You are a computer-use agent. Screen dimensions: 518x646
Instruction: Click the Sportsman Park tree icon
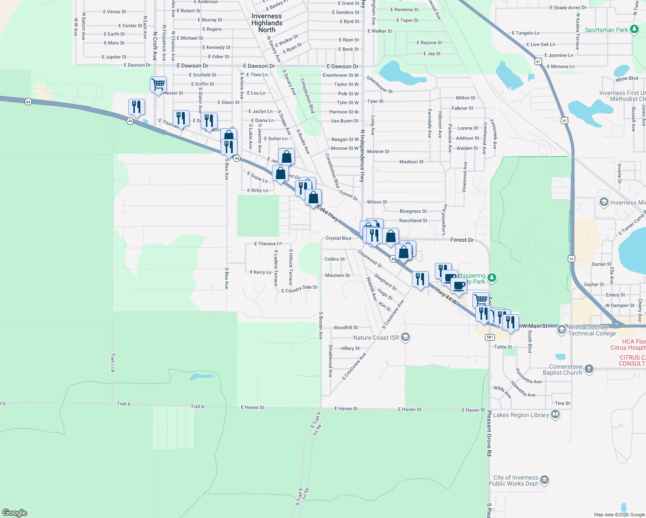pos(634,30)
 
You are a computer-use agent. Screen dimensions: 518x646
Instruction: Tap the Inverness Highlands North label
pos(267,23)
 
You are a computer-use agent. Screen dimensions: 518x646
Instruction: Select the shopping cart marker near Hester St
pos(158,84)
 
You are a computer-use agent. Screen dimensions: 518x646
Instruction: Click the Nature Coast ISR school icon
pos(405,337)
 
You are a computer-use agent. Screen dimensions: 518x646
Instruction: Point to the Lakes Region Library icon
pos(555,414)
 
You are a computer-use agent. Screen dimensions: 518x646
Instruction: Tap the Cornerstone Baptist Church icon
pos(589,369)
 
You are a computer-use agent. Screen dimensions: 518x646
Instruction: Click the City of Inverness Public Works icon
pos(545,480)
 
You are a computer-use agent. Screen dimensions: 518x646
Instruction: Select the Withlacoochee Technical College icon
pos(561,330)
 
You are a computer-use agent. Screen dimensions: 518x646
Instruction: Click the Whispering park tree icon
pos(492,278)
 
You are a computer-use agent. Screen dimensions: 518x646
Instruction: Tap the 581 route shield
pos(489,337)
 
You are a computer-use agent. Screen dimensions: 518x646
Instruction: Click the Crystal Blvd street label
pos(338,238)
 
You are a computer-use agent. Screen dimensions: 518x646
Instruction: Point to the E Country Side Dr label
pos(299,289)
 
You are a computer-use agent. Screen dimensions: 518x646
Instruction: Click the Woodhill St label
pos(345,328)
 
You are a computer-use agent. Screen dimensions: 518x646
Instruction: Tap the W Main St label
pos(535,326)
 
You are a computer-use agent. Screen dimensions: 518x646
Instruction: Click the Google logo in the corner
pos(15,512)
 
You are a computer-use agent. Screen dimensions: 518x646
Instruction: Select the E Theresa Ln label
pos(268,244)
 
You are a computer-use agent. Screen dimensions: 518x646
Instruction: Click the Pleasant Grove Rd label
pos(489,433)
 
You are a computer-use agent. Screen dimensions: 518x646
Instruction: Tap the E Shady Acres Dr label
pos(568,8)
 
